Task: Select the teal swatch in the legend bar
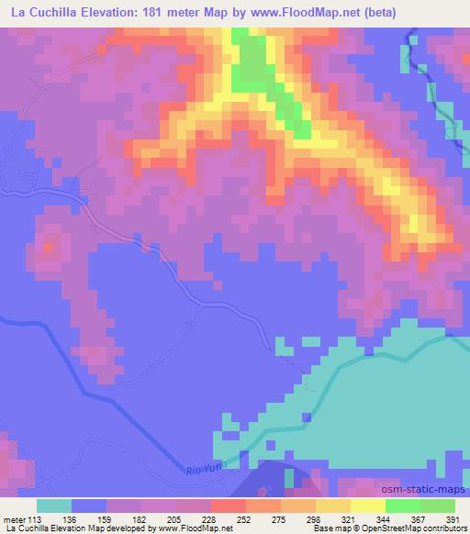(54, 505)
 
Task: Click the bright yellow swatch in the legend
(367, 505)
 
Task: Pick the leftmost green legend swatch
(402, 505)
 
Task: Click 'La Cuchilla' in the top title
(44, 13)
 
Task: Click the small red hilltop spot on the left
(49, 245)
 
